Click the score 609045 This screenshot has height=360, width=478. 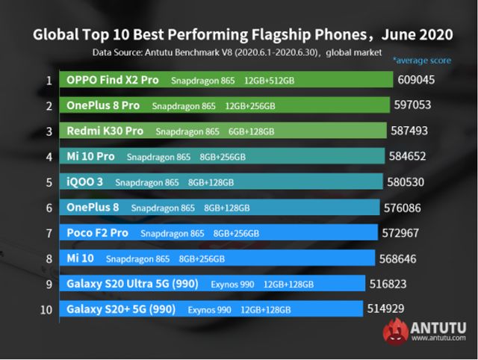(x=415, y=80)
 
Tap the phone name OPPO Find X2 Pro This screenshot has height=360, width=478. (x=114, y=80)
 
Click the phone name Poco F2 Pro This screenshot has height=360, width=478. (x=97, y=233)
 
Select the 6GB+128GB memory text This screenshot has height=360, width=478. (x=252, y=131)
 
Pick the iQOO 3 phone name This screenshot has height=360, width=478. (x=85, y=182)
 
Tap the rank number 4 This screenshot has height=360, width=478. (x=49, y=157)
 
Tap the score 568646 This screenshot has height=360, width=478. (x=400, y=258)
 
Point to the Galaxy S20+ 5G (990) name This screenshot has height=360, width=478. (x=120, y=309)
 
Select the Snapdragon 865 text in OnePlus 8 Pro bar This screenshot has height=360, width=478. (x=184, y=106)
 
